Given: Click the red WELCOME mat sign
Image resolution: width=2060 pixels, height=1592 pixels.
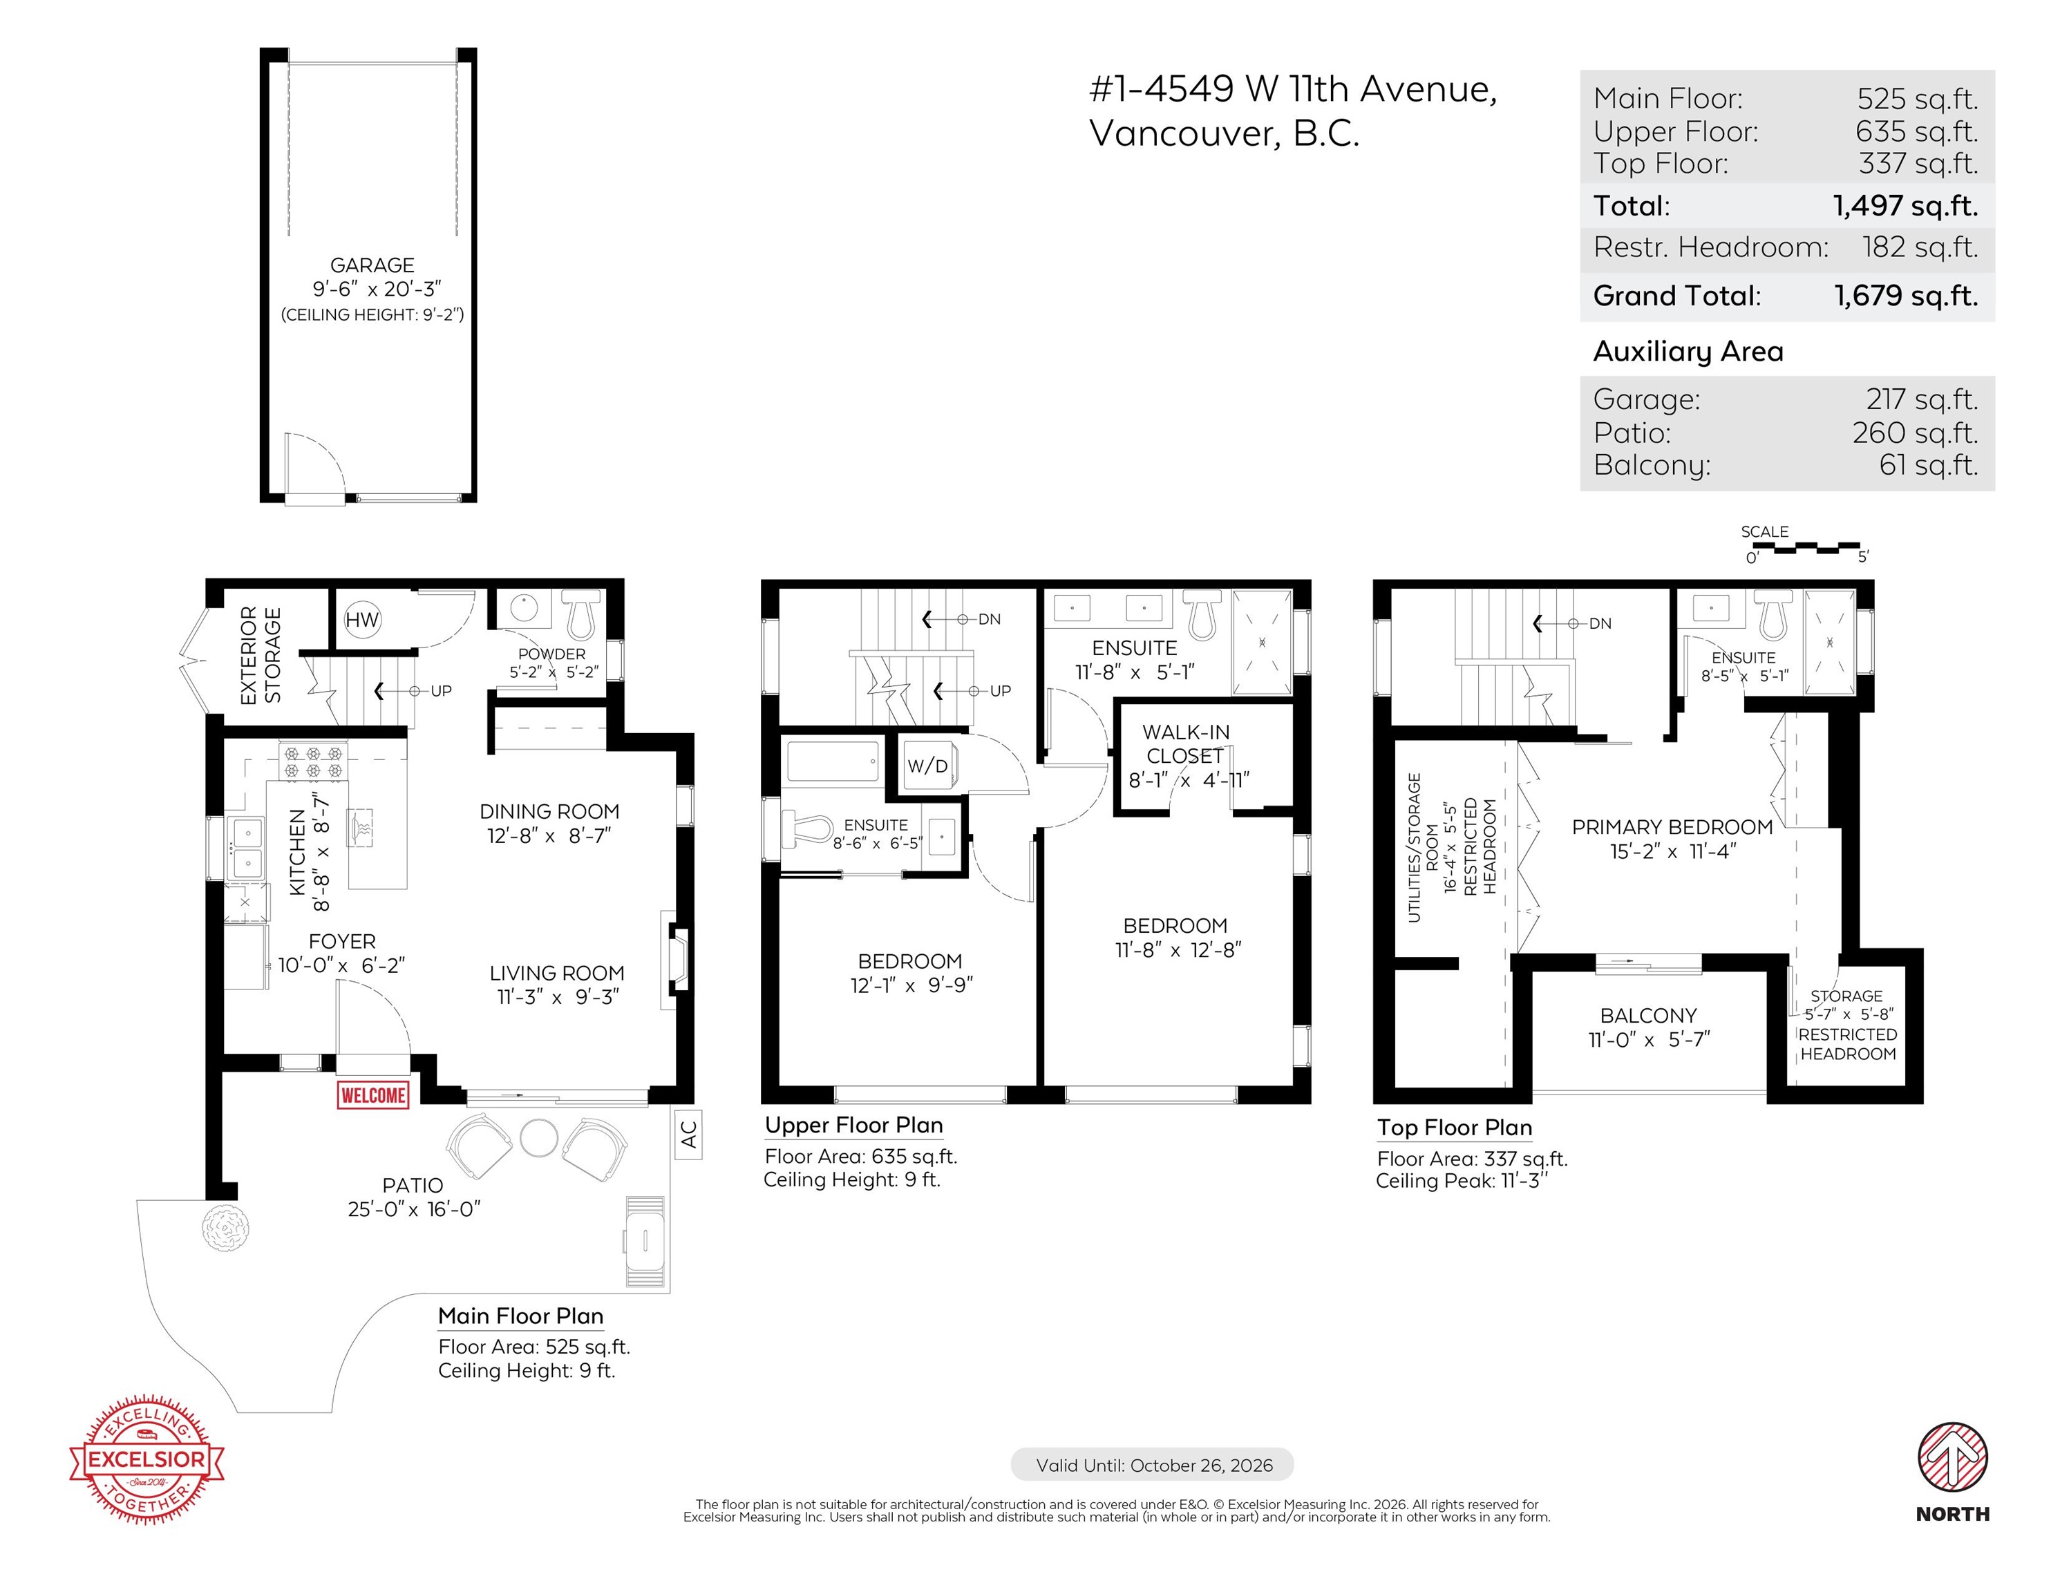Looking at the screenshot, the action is (x=374, y=1095).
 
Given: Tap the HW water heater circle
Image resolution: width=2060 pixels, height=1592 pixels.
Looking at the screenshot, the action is (x=361, y=620).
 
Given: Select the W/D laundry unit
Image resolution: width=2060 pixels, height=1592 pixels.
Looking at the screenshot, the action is (x=928, y=764).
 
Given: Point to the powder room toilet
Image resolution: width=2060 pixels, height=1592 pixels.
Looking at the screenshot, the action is (x=581, y=613).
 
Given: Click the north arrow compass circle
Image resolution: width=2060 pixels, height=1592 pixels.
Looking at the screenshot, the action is (x=1952, y=1457).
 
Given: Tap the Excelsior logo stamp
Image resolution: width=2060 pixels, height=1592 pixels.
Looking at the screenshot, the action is (x=147, y=1459).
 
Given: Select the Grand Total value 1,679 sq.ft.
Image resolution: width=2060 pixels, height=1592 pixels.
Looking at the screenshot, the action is (x=1905, y=296).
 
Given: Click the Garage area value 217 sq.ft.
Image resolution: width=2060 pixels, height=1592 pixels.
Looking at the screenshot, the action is (x=1921, y=400).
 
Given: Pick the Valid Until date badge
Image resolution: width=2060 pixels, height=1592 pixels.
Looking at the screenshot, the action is (x=1153, y=1465).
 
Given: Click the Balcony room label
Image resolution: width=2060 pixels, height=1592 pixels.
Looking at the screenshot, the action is (x=1648, y=1016).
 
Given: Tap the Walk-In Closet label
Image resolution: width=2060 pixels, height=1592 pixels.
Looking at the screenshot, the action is (x=1186, y=744).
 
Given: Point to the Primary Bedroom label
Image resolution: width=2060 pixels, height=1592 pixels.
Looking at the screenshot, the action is (x=1672, y=827).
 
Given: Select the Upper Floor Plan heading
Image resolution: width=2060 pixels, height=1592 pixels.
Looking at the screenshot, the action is (x=853, y=1125).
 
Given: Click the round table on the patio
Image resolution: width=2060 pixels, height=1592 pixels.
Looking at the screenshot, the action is (x=538, y=1137).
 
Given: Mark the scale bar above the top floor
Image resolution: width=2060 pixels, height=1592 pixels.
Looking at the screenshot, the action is (x=1805, y=548).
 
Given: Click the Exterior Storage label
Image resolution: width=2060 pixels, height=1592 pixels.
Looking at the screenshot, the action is (x=261, y=656).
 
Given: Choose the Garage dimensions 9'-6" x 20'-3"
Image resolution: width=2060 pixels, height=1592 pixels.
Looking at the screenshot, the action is (x=377, y=290).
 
